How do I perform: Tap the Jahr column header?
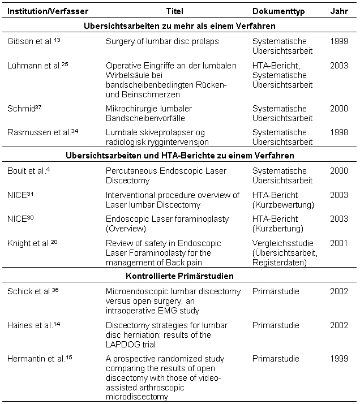pos(339,11)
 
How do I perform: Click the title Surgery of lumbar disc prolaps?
pos(162,41)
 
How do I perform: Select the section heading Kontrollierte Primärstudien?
pos(179,276)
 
